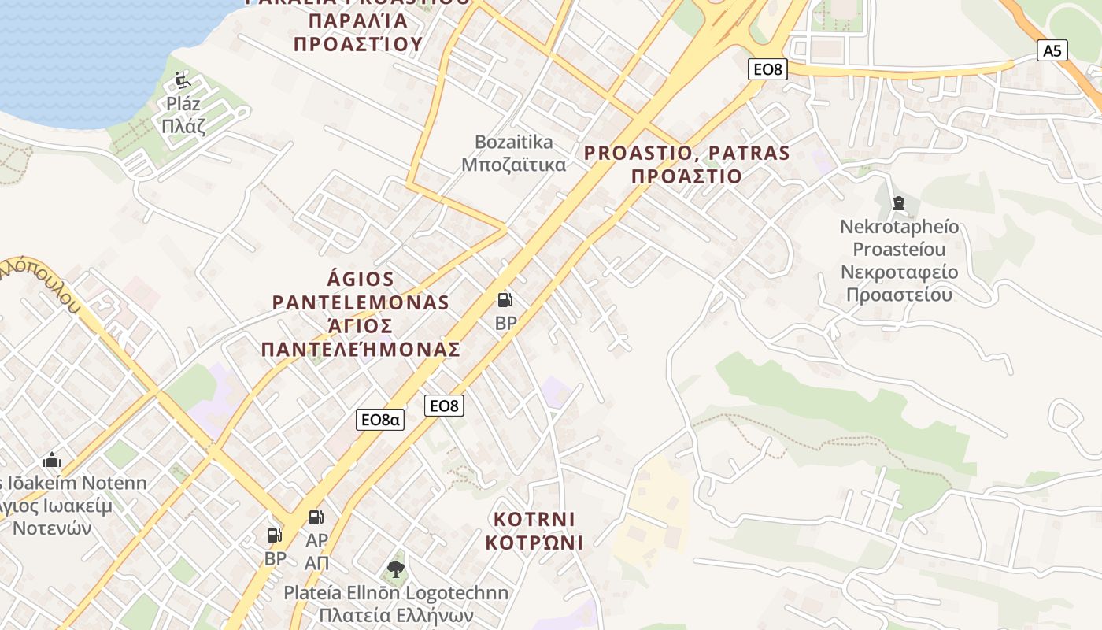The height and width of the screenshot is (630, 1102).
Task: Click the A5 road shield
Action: (1052, 51)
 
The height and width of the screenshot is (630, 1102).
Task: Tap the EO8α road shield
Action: (380, 419)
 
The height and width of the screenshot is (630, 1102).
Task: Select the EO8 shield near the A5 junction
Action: (767, 69)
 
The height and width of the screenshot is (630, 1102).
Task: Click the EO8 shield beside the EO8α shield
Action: (444, 406)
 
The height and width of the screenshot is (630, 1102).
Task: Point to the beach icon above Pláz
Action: (183, 80)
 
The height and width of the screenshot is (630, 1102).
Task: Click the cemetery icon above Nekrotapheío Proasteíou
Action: (899, 203)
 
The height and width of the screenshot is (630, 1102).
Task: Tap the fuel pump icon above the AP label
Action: (316, 517)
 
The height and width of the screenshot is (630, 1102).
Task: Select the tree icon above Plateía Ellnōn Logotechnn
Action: (396, 569)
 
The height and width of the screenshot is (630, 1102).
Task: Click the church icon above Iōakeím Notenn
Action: (52, 459)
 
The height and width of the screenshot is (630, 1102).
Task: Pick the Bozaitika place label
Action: (513, 143)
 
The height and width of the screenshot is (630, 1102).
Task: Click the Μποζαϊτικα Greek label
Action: (513, 165)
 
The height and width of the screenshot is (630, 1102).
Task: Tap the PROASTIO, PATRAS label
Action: (686, 153)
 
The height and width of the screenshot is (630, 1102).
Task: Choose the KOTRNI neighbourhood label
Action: (534, 520)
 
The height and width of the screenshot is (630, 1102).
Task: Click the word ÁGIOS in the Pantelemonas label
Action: (361, 279)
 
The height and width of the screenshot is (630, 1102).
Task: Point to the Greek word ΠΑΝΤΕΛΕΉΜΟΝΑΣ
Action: (361, 349)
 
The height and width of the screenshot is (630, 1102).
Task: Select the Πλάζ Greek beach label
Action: (183, 126)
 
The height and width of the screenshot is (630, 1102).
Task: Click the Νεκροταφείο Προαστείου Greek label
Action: (899, 283)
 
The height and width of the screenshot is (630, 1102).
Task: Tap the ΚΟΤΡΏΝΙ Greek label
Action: (534, 543)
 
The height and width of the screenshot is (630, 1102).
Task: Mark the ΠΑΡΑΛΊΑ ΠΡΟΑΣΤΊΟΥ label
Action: (358, 32)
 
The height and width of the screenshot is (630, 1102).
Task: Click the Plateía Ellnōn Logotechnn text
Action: (396, 592)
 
